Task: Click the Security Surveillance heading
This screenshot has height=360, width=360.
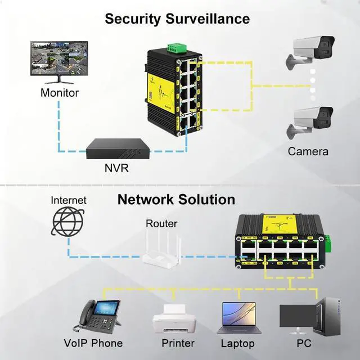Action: pyautogui.click(x=177, y=19)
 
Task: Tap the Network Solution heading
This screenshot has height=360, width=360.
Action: pyautogui.click(x=176, y=199)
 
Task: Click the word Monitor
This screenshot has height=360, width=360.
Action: pyautogui.click(x=59, y=92)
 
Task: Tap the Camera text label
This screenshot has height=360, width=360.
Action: pyautogui.click(x=308, y=151)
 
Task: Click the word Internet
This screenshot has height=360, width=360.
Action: pyautogui.click(x=69, y=200)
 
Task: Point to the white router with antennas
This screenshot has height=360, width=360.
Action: pyautogui.click(x=161, y=251)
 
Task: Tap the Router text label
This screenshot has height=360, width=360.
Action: pyautogui.click(x=161, y=223)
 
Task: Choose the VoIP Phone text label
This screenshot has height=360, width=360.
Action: pyautogui.click(x=93, y=343)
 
